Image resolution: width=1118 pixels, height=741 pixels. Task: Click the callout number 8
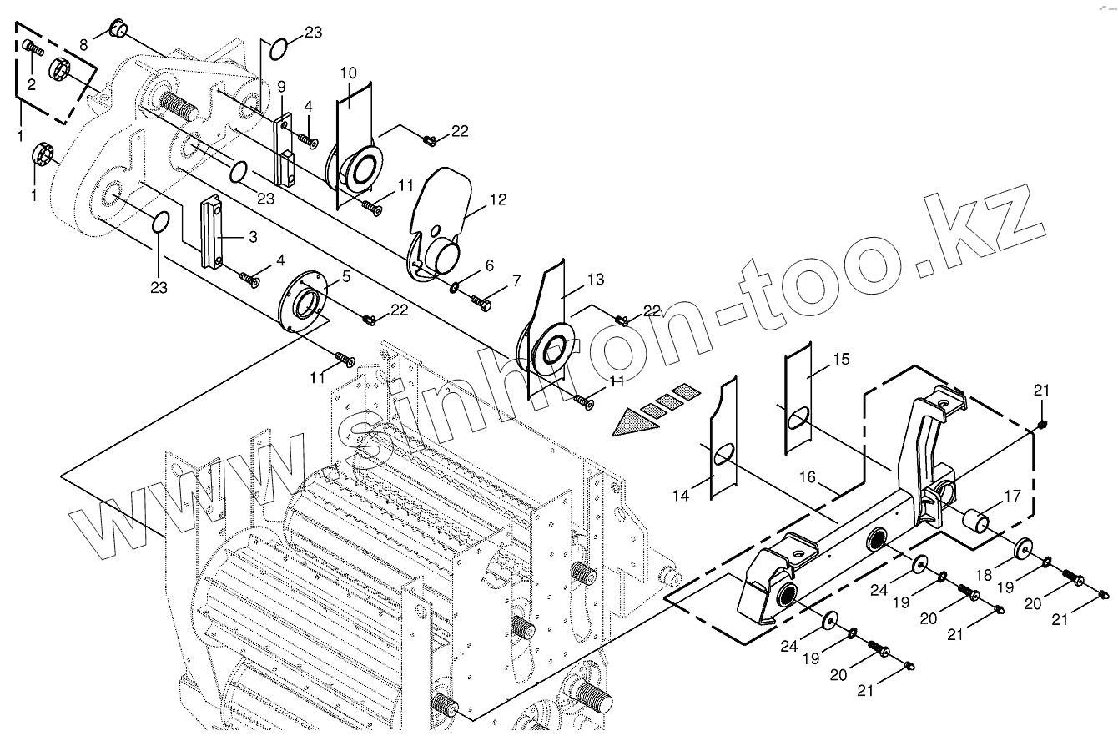pos(83,43)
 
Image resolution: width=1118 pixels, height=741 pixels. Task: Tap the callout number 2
pos(32,83)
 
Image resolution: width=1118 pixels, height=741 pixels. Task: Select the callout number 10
pos(348,73)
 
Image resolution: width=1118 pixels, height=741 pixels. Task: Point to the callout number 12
pos(498,200)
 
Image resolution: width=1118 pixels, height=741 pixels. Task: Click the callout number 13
pos(595,280)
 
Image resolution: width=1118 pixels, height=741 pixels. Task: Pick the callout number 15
pos(841,359)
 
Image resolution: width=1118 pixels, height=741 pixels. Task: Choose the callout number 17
pos(1012,496)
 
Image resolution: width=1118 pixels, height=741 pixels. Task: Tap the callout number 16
pos(808,476)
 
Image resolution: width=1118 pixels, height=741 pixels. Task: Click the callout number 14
pos(681,496)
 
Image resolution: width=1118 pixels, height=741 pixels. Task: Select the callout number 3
pos(251,238)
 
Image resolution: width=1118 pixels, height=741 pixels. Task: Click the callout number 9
pos(282,86)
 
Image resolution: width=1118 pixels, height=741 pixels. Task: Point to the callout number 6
pos(489,265)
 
